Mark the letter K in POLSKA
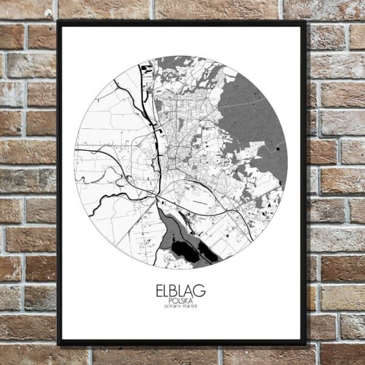click(x=187, y=301)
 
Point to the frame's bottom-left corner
click(x=58, y=344)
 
